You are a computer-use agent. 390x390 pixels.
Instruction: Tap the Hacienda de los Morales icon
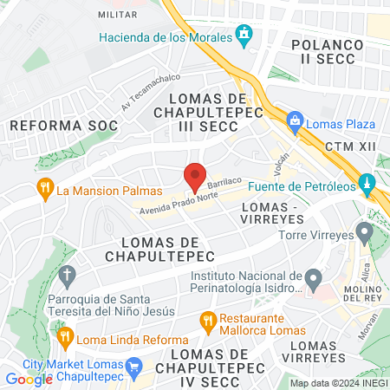[245, 37]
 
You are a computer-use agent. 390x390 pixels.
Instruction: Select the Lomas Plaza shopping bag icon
[295, 121]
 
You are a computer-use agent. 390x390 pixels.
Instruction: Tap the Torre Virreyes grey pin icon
[365, 232]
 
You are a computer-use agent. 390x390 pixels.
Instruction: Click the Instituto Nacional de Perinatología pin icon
[313, 279]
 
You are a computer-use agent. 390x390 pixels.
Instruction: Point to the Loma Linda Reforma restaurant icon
[63, 337]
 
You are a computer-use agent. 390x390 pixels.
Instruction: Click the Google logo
[29, 379]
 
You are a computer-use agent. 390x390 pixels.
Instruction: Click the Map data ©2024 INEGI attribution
[338, 383]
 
